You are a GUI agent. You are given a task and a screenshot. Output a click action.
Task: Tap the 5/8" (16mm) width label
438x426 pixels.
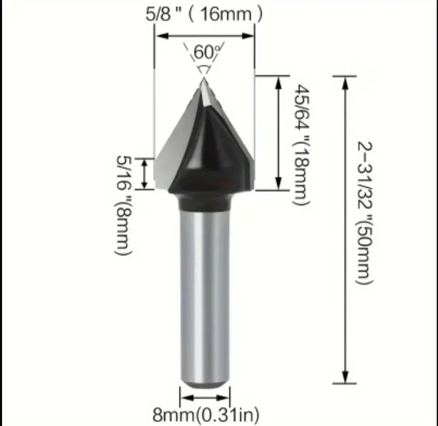[204, 14]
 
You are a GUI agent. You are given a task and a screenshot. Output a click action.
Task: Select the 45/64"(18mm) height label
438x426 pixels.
[301, 145]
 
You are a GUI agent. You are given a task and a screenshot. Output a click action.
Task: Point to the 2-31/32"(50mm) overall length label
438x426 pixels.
[364, 213]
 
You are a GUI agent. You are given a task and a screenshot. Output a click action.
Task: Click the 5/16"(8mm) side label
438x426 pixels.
[123, 205]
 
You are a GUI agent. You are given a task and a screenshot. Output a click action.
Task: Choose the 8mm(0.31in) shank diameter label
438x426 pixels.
[205, 415]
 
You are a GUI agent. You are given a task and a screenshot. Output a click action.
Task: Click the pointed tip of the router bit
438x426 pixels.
[203, 78]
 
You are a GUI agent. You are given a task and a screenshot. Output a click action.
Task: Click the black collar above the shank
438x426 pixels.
[204, 202]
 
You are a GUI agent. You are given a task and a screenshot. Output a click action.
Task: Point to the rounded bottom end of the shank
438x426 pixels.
[205, 383]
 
